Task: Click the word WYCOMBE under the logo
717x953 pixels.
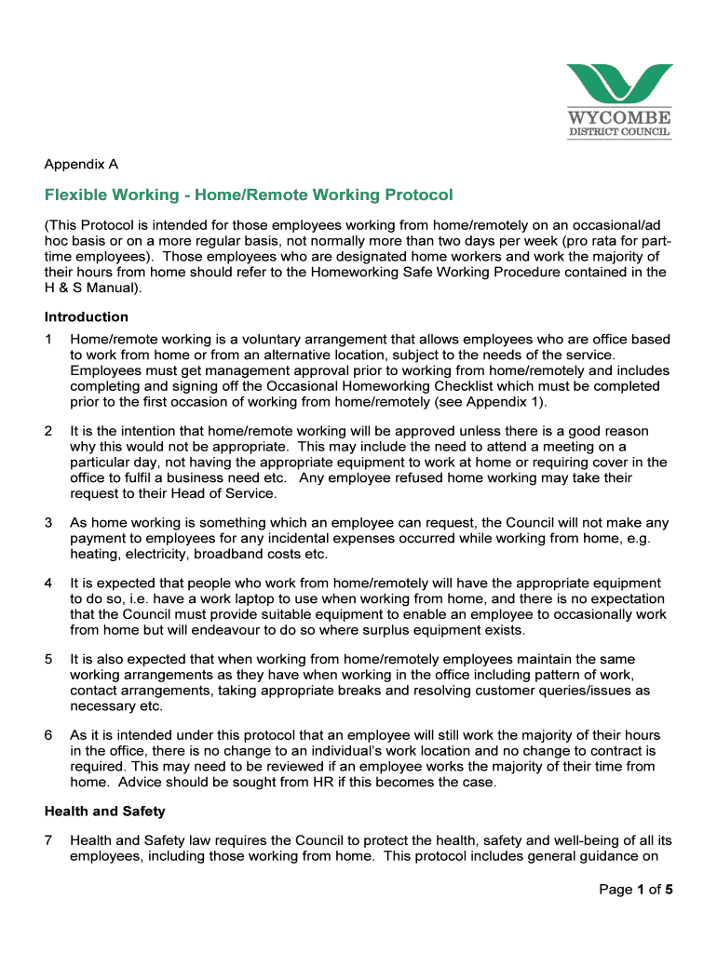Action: tap(619, 118)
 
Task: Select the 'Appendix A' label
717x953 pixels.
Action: tap(81, 165)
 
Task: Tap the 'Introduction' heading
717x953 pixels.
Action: tap(87, 316)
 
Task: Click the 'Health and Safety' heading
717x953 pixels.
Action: tap(105, 812)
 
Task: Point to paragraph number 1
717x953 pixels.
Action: tap(48, 340)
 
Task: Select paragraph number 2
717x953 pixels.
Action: tap(48, 431)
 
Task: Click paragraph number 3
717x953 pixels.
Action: tap(48, 523)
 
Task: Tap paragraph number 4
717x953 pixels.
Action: tap(48, 584)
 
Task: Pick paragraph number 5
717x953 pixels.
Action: tap(48, 660)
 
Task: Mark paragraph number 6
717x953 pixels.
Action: tap(48, 735)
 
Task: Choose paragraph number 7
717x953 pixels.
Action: tap(48, 841)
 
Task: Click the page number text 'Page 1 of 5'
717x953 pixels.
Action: tap(635, 889)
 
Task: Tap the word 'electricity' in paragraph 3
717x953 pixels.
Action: tap(157, 554)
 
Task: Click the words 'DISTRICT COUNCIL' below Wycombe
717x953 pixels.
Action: tap(619, 132)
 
